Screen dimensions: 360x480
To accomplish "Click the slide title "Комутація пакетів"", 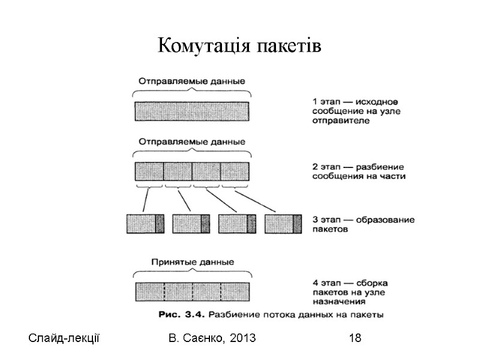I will click(239, 46).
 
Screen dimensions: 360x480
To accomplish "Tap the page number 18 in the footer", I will click(355, 339).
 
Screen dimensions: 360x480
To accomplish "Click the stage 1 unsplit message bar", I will click(192, 112).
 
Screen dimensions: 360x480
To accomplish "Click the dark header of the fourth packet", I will click(298, 223).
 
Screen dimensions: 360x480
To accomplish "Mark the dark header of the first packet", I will click(160, 223).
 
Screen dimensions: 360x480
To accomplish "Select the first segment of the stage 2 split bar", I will click(149, 171).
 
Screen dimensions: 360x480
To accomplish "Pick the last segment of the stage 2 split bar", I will click(235, 171).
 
